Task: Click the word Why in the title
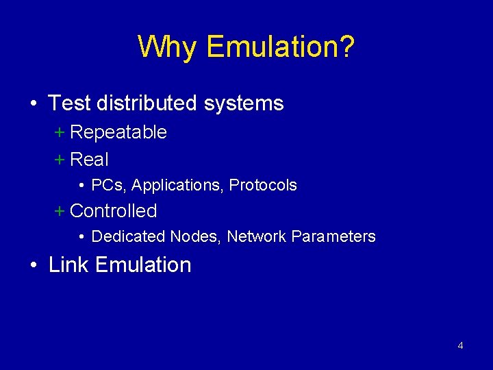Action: (167, 47)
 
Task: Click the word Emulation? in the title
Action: (280, 47)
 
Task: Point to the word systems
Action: (244, 104)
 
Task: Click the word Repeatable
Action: (118, 132)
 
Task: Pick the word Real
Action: (90, 160)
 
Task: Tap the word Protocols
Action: (263, 185)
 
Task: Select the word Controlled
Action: (114, 211)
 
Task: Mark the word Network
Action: (257, 237)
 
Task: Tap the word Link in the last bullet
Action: (69, 265)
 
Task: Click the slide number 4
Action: (460, 346)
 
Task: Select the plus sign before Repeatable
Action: (59, 132)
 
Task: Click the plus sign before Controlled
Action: (59, 211)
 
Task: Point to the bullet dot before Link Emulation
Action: (34, 266)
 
